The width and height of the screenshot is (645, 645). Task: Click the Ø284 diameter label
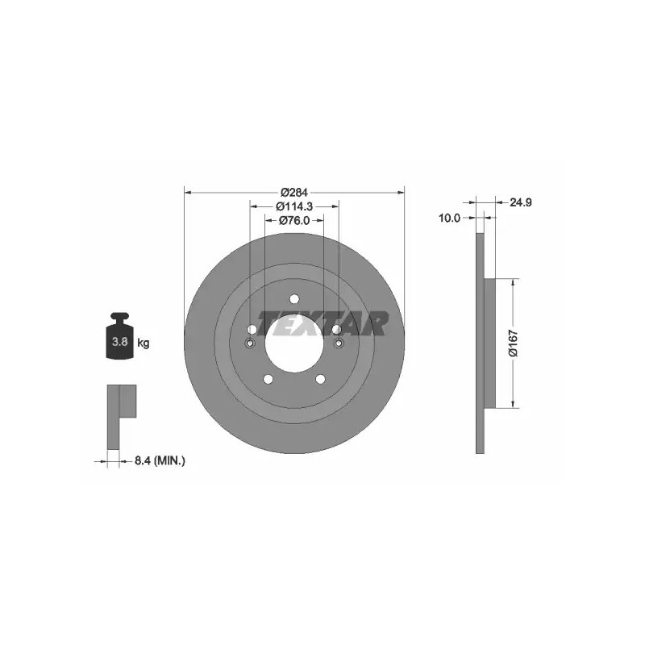click(x=294, y=192)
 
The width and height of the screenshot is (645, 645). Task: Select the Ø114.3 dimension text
click(x=294, y=206)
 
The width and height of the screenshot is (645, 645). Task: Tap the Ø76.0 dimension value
click(x=294, y=220)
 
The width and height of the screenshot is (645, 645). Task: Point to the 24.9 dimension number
click(x=521, y=202)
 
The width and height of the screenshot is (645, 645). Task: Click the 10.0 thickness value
click(x=449, y=218)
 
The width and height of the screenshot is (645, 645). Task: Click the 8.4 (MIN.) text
click(x=160, y=460)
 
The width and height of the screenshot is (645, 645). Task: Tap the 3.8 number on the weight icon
click(x=119, y=341)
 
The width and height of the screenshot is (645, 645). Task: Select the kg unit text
click(x=144, y=342)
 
